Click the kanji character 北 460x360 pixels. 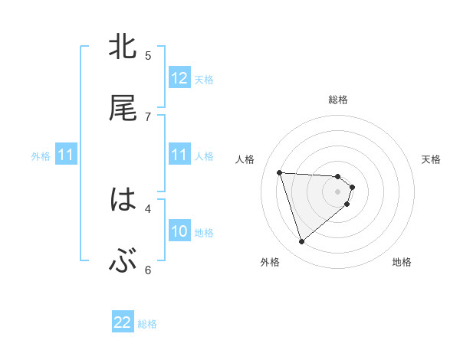(x=123, y=47)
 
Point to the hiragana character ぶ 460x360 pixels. (x=123, y=262)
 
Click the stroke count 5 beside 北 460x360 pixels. (x=148, y=55)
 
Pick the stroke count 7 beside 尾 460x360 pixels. (x=148, y=116)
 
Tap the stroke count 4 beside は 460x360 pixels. (x=148, y=208)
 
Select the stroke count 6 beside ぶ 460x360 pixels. (x=148, y=270)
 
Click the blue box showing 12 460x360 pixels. (x=179, y=78)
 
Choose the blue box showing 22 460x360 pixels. (x=123, y=323)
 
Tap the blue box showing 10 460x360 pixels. (x=179, y=231)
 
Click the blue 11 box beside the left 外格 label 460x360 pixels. (x=66, y=155)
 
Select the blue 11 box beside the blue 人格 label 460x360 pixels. (x=179, y=155)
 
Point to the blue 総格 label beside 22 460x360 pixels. (x=147, y=324)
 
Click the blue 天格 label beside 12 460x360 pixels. (x=204, y=79)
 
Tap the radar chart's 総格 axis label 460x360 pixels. (x=338, y=100)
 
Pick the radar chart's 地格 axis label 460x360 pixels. (x=402, y=262)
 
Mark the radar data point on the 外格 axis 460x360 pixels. (x=301, y=242)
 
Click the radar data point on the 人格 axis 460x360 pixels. (x=280, y=172)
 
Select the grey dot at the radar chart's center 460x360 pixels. (x=338, y=191)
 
